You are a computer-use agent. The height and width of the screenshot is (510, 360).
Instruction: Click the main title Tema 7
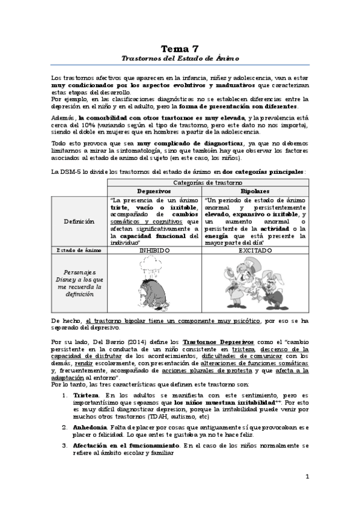pyautogui.click(x=180, y=48)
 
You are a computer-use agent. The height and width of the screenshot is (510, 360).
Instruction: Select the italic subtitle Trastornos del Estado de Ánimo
pyautogui.click(x=180, y=58)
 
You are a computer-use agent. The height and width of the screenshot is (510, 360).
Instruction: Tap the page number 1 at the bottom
pyautogui.click(x=307, y=477)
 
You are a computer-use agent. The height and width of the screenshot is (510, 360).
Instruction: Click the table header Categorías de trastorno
pyautogui.click(x=208, y=182)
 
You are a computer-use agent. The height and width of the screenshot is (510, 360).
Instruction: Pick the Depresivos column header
pyautogui.click(x=154, y=191)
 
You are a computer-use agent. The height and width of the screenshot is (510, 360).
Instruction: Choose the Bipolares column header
pyautogui.click(x=255, y=191)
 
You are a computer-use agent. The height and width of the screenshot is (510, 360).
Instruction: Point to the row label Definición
pyautogui.click(x=79, y=221)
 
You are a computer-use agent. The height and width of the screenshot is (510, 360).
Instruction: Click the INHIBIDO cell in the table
pyautogui.click(x=154, y=250)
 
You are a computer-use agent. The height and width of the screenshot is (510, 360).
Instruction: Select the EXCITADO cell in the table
pyautogui.click(x=255, y=250)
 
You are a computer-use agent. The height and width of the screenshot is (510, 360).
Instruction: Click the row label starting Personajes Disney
pyautogui.click(x=79, y=283)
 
